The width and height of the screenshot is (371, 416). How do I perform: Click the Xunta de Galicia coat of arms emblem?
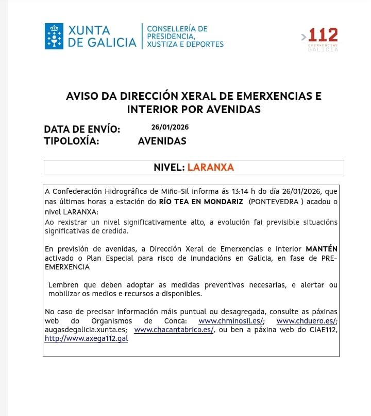[x=54, y=36]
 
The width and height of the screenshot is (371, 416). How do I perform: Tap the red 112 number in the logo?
[x=323, y=35]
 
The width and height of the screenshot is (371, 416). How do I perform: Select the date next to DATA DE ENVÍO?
[x=166, y=127]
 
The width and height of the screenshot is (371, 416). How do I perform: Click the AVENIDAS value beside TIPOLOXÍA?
[x=162, y=141]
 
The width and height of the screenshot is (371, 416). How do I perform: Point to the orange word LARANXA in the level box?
[x=210, y=167]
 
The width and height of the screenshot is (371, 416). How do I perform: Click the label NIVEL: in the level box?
[x=169, y=167]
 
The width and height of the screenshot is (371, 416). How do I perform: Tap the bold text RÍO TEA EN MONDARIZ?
[x=201, y=202]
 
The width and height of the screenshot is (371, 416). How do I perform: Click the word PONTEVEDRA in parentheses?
[x=275, y=202]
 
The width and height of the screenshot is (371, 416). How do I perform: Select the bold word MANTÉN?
[x=322, y=249]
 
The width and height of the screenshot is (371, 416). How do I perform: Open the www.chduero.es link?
[x=307, y=321]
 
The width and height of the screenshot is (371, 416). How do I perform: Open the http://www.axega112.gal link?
[x=86, y=338]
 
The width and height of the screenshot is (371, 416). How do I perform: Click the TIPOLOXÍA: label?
[x=72, y=141]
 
